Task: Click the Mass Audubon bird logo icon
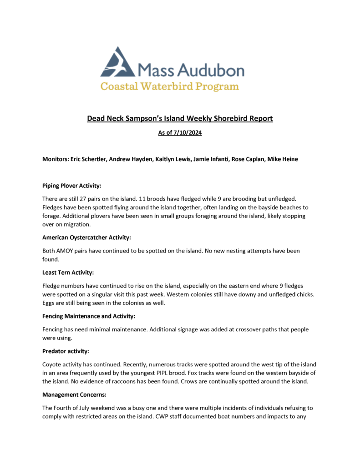[x=117, y=63]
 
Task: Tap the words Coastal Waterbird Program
[x=169, y=86]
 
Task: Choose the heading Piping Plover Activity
[x=71, y=186]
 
